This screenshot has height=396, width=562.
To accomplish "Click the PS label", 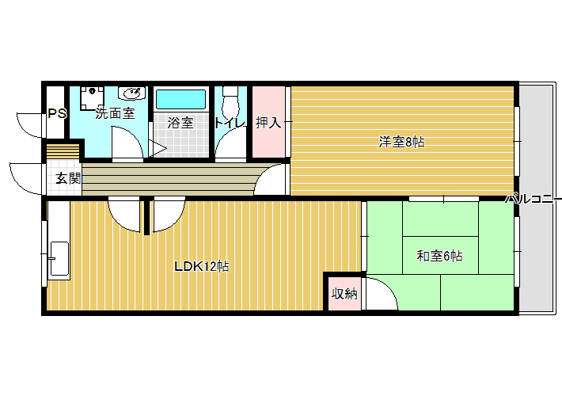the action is point(57,114).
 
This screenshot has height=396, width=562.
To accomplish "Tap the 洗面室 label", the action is point(115,113).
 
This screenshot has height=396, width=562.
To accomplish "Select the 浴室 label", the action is point(180,123).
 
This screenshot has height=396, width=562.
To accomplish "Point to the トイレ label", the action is point(230,123).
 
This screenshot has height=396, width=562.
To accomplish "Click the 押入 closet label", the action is point(268,123).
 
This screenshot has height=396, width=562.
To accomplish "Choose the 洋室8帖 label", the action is point(401,142).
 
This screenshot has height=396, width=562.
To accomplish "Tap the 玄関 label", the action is point(68,178).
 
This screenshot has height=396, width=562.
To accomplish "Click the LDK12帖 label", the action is point(202,267).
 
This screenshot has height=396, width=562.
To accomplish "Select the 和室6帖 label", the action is point(439,256).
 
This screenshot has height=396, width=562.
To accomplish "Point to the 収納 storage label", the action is point(344,294).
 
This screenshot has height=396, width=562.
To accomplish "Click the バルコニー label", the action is point(534,198).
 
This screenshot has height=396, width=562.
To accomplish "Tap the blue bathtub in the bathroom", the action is point(181,99).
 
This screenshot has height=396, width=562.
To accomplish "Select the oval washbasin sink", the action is point(133,93).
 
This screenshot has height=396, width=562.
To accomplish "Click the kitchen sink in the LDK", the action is point(59,259).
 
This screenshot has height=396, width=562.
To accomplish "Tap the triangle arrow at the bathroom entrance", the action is point(157,148).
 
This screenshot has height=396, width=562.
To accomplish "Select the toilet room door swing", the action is point(231,143).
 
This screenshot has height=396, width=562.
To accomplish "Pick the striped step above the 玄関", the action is point(63,151).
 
